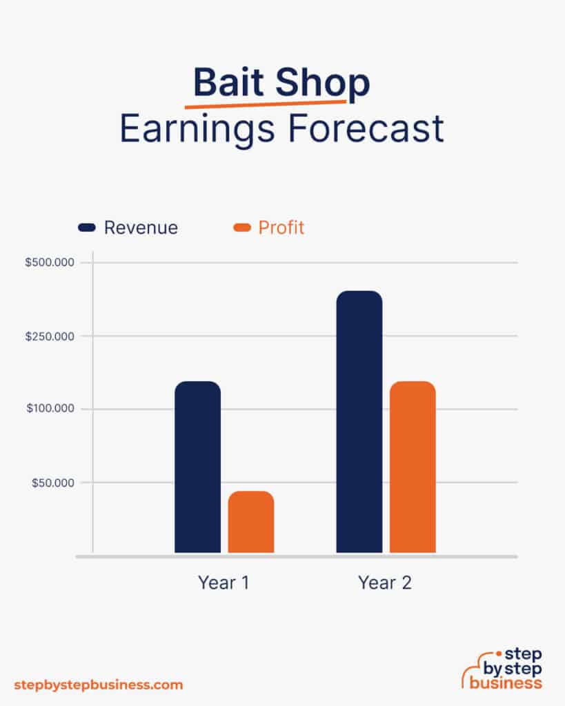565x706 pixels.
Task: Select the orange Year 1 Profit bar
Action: pos(251,522)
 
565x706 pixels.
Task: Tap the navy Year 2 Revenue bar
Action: pos(359,421)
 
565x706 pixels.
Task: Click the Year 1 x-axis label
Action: pos(224,583)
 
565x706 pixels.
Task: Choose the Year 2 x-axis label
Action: pos(385,583)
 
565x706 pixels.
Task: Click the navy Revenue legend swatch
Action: pos(87,228)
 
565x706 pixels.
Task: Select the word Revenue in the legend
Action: pos(141,228)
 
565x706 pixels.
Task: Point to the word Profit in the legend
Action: pos(281,228)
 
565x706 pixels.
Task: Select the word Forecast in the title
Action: pos(368,129)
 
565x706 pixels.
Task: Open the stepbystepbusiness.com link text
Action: pos(99,685)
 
